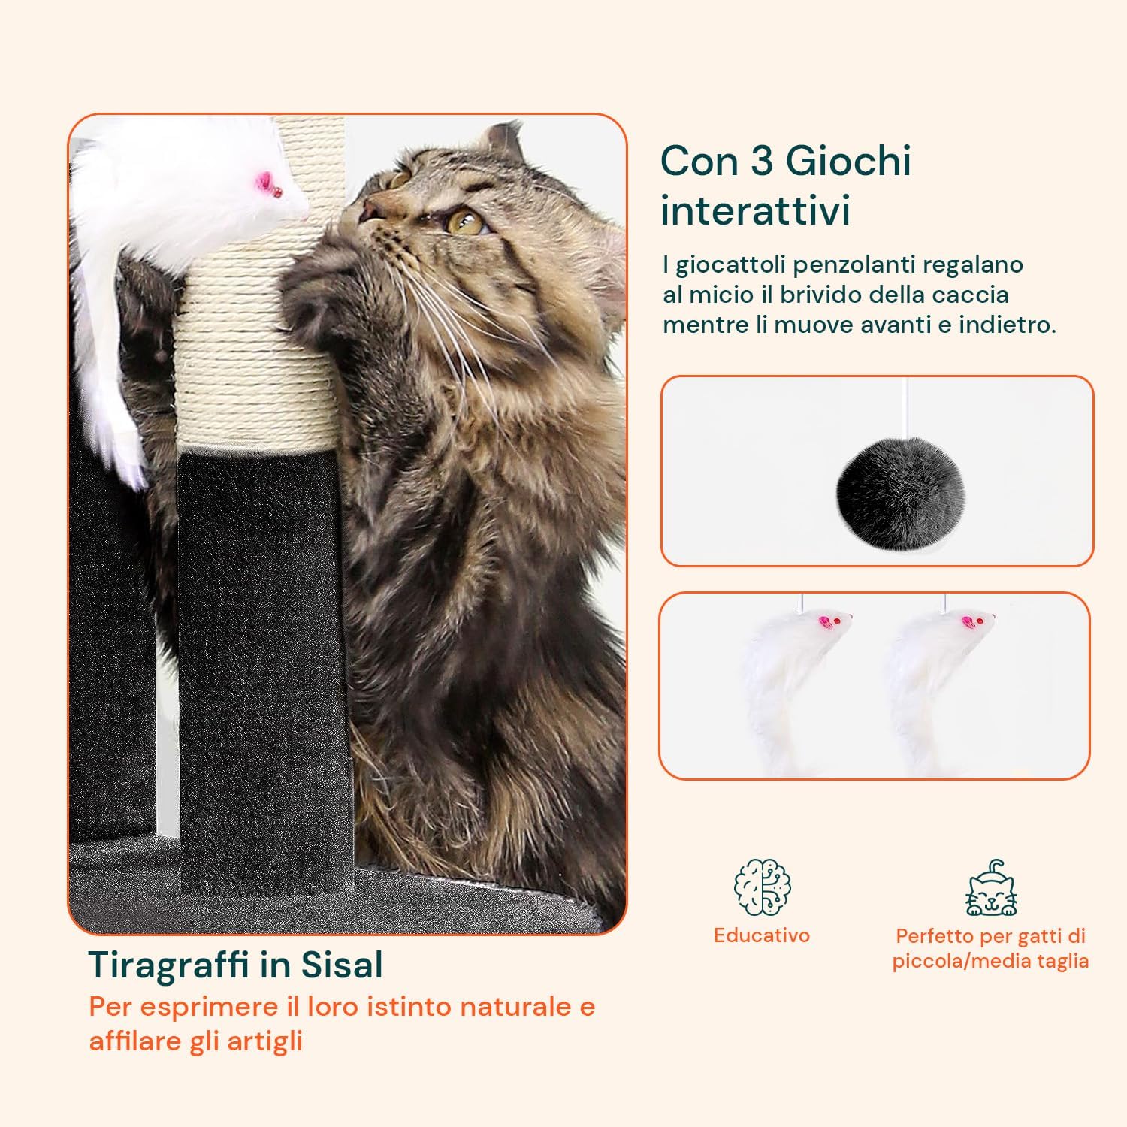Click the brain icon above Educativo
click(762, 887)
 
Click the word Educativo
click(762, 935)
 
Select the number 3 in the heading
click(762, 161)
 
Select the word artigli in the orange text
click(264, 1042)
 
